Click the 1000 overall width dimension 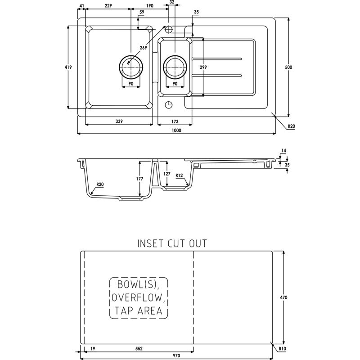pos(176,130)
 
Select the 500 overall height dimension pos(288,67)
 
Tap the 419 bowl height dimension pos(68,67)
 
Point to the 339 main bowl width pos(119,121)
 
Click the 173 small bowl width pos(175,121)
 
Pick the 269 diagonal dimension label pos(143,48)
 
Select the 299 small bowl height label pos(203,67)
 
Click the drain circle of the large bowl pos(131,67)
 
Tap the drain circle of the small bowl pos(175,67)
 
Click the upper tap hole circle pos(169,29)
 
